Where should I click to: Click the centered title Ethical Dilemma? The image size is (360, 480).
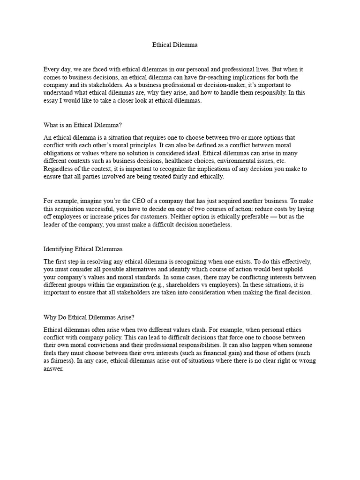coord(175,45)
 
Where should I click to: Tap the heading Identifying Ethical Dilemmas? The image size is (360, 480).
coord(83,249)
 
